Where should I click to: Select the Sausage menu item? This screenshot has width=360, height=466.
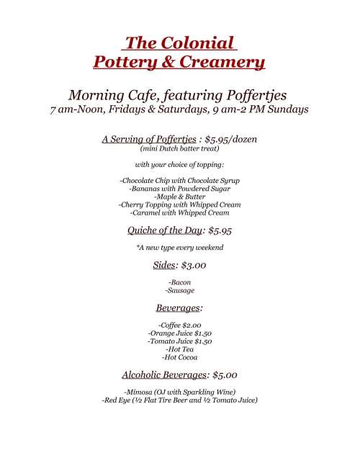pyautogui.click(x=180, y=291)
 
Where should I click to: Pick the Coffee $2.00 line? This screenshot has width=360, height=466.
pyautogui.click(x=180, y=326)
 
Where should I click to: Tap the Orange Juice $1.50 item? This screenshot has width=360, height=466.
pyautogui.click(x=180, y=334)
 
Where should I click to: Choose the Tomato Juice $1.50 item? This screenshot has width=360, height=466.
pyautogui.click(x=180, y=342)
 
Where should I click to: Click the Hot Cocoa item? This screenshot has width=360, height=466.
pyautogui.click(x=180, y=357)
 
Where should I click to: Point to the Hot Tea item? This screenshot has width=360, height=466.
pyautogui.click(x=180, y=350)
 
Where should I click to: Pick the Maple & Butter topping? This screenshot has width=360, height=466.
pyautogui.click(x=180, y=196)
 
